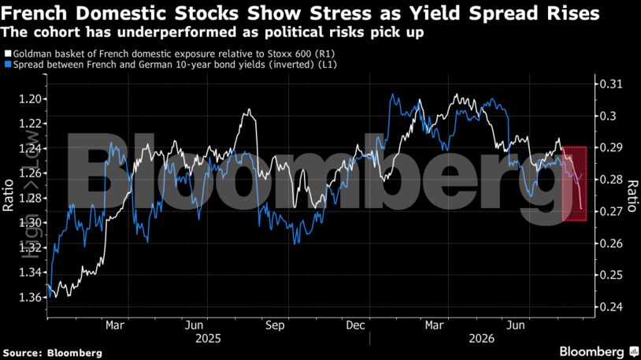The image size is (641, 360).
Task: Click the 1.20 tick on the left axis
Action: pyautogui.click(x=30, y=99)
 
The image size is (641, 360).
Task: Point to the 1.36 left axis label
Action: pyautogui.click(x=30, y=297)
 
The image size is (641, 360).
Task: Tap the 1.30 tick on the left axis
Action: pyautogui.click(x=30, y=223)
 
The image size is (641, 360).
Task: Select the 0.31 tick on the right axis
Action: pyautogui.click(x=611, y=84)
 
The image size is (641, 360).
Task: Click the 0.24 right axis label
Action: pyautogui.click(x=611, y=306)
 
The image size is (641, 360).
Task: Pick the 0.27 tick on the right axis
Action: pyautogui.click(x=611, y=211)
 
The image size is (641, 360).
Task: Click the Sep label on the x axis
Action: pyautogui.click(x=275, y=325)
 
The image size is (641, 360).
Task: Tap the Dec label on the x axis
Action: pyautogui.click(x=355, y=325)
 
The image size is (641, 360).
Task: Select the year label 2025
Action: pyautogui.click(x=208, y=339)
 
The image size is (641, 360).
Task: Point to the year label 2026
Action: pyautogui.click(x=482, y=339)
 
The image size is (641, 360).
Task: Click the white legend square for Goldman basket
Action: pyautogui.click(x=8, y=54)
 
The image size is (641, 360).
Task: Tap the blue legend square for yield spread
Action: pyautogui.click(x=8, y=65)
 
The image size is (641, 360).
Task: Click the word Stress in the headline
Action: pyautogui.click(x=340, y=13)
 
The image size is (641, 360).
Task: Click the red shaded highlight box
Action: pyautogui.click(x=575, y=184)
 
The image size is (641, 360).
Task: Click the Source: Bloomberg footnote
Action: pyautogui.click(x=52, y=353)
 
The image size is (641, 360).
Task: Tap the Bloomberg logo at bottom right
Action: pyautogui.click(x=598, y=351)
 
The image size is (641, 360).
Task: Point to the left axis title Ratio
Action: pyautogui.click(x=8, y=195)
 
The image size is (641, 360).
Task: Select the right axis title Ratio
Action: pyautogui.click(x=632, y=195)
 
